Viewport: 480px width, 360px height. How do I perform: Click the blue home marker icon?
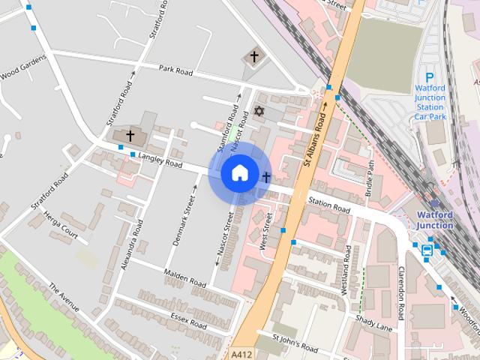[x=238, y=173]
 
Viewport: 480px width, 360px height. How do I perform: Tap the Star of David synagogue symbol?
[x=260, y=111]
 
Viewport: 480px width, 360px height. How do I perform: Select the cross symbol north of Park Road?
[x=253, y=56]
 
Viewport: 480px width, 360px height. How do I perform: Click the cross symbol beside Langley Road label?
[x=130, y=136]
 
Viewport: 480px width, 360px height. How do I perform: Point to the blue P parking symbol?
[x=430, y=77]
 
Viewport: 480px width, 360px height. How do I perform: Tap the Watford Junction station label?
[x=435, y=220]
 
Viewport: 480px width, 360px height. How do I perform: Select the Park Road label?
[x=176, y=71]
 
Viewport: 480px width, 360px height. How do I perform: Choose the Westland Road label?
[x=346, y=268]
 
